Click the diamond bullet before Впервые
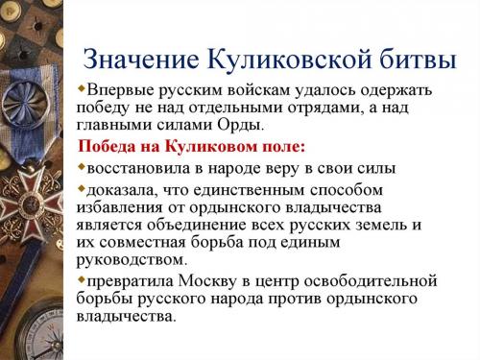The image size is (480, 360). click(x=82, y=89)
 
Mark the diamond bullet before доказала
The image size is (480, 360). click(x=82, y=188)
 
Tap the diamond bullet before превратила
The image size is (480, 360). click(x=82, y=280)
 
